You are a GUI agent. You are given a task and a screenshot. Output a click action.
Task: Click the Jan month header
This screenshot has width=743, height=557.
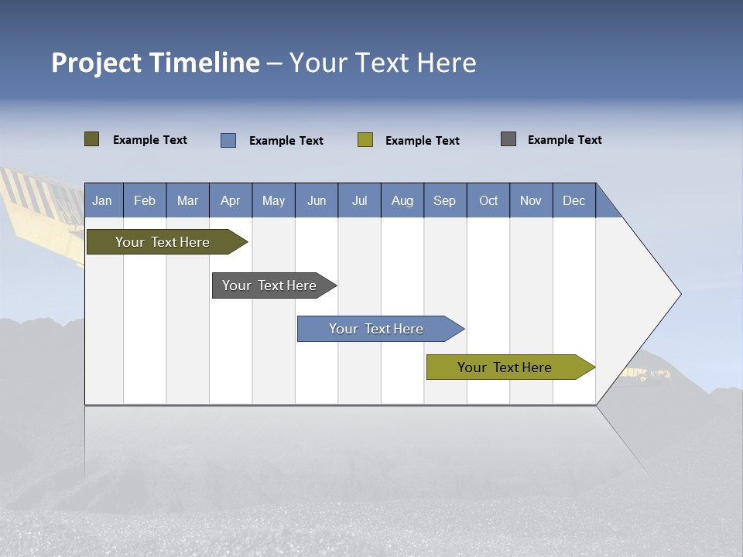pyautogui.click(x=103, y=200)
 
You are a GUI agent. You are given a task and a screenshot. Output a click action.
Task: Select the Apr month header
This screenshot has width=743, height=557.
pyautogui.click(x=231, y=200)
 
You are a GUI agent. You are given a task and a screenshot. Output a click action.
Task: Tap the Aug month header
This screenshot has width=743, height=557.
pyautogui.click(x=402, y=200)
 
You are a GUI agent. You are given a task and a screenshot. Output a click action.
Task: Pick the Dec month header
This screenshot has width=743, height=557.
pyautogui.click(x=574, y=200)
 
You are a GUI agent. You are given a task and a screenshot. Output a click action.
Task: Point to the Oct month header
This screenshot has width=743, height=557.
pyautogui.click(x=488, y=200)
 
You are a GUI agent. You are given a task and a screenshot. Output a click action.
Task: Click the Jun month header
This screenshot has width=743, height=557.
pyautogui.click(x=317, y=200)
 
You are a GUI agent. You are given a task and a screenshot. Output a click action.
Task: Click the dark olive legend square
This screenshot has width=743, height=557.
pyautogui.click(x=92, y=139)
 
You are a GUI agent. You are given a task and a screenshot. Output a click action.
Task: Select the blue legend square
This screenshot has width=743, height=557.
pyautogui.click(x=228, y=140)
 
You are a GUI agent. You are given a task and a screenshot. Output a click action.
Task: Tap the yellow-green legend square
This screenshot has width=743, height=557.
pyautogui.click(x=365, y=140)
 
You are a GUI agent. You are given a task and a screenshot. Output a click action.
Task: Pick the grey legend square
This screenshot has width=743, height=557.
pyautogui.click(x=508, y=139)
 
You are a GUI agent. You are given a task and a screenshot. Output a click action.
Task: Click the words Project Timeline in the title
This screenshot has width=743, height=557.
pyautogui.click(x=156, y=63)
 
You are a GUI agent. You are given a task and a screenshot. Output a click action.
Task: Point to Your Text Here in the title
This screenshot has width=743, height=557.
pyautogui.click(x=383, y=63)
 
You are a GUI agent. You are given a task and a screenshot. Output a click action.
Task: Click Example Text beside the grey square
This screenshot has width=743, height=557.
pyautogui.click(x=565, y=140)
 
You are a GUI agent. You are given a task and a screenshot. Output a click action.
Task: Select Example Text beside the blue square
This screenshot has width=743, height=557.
pyautogui.click(x=286, y=141)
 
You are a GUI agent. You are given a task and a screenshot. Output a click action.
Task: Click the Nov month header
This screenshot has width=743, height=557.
pyautogui.click(x=531, y=200)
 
